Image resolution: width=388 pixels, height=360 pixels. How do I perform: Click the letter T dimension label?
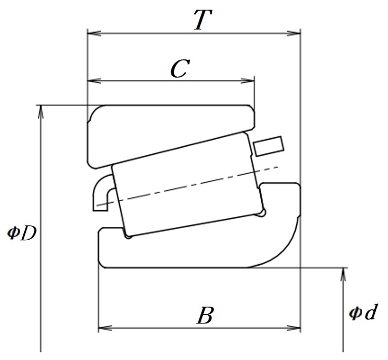coord(203,20)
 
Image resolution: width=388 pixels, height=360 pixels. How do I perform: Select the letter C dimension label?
coord(180,68)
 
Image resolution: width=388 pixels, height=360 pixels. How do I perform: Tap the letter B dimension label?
coord(205,315)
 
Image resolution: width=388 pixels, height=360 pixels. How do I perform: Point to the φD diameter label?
coord(22,233)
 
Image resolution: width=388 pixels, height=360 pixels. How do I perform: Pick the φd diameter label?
coord(363,312)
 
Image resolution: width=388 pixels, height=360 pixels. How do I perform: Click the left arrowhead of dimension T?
coord(94,33)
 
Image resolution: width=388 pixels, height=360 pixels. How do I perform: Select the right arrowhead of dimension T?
coord(294,33)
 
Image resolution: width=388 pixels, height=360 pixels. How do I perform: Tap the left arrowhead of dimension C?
coord(94,81)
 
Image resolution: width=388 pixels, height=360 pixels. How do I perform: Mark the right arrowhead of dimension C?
coord(248,81)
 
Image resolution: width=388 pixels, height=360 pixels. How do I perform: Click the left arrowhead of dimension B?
coord(105,328)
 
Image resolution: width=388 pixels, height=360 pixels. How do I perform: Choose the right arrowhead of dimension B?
coord(294,328)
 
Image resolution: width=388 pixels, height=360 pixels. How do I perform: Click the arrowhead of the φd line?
coord(343,274)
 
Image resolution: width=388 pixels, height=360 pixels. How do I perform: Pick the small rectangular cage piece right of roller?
coord(268,146)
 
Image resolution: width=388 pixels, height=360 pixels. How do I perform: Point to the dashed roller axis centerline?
coord(187,186)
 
